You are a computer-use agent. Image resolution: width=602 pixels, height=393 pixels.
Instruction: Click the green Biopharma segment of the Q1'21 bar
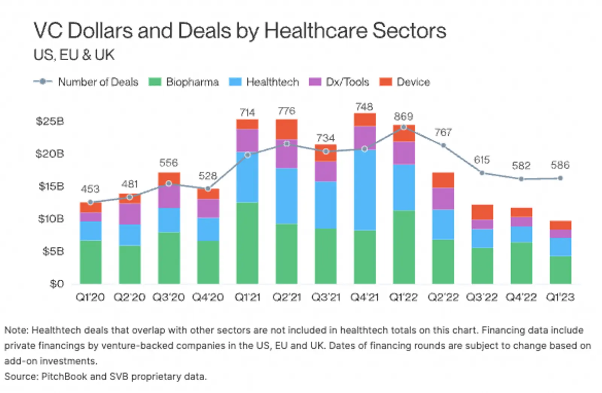(247, 243)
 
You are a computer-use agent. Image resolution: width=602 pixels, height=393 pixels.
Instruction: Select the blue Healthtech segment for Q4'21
(365, 190)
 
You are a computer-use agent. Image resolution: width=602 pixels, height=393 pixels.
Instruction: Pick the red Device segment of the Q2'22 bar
(443, 180)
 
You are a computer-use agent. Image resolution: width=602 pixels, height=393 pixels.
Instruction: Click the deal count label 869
(403, 117)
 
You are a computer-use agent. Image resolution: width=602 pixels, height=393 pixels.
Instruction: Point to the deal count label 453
(90, 189)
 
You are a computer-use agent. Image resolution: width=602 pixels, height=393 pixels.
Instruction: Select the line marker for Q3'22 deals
(482, 173)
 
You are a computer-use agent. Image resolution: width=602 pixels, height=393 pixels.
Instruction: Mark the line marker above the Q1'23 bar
(560, 178)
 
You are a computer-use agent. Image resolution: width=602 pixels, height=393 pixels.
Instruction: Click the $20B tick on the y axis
(50, 154)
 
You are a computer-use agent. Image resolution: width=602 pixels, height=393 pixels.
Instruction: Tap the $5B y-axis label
(53, 251)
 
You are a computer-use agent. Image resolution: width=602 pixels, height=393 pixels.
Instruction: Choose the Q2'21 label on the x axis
(287, 297)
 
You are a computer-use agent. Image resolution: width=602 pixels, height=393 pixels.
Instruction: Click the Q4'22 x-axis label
(521, 297)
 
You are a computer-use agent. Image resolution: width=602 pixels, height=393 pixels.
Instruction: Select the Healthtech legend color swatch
(235, 82)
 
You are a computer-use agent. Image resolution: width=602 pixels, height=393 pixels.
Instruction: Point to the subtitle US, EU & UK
(74, 55)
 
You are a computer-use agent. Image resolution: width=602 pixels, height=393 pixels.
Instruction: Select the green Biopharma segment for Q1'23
(560, 270)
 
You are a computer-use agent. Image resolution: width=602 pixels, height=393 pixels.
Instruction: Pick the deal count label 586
(560, 165)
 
